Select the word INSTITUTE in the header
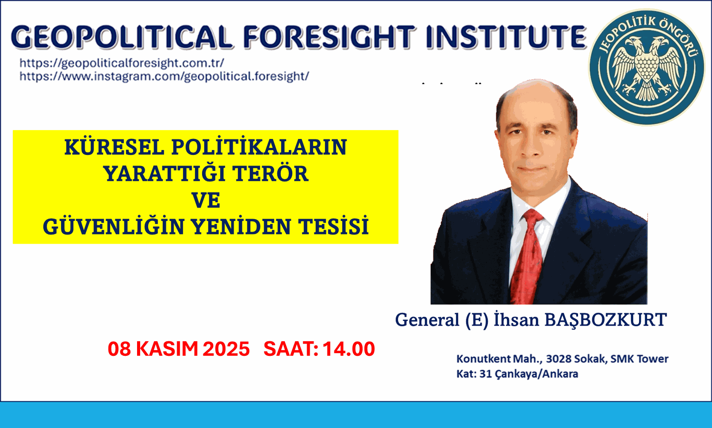coord(506,37)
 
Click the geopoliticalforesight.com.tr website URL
coord(121,63)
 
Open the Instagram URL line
coord(164,76)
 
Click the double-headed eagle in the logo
coord(646,68)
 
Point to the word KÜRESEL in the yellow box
coord(114,147)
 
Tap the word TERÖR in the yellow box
coord(270,174)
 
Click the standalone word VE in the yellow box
coord(206,200)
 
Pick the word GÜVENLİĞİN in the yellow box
coord(113,227)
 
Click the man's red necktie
coord(528,254)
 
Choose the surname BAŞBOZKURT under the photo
coord(606,320)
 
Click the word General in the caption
coord(427,320)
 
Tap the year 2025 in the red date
coord(226,349)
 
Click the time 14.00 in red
coord(348,349)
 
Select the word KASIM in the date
coord(167,349)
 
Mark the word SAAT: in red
coord(291,349)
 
